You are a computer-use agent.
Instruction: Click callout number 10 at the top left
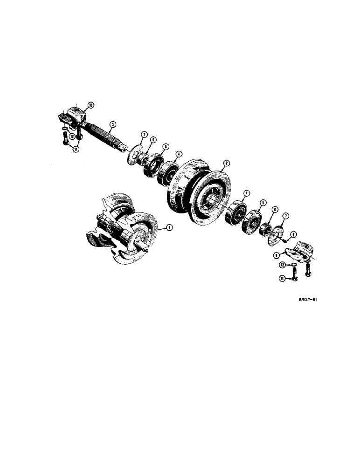click(x=90, y=105)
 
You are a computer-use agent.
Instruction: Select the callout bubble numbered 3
click(x=112, y=124)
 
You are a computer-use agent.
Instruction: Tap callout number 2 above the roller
click(x=226, y=163)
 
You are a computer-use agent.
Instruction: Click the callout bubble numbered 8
click(x=293, y=234)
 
